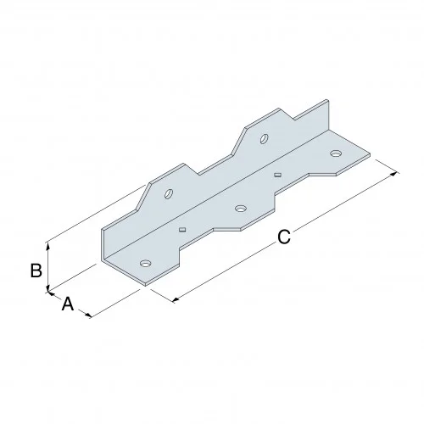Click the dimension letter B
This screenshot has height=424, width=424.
pos(36,271)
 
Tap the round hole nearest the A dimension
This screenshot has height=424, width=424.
pos(145,264)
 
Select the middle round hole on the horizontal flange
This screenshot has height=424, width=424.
pos(240,208)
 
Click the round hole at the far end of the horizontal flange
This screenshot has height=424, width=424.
pos(336,153)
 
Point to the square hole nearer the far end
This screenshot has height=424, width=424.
pos(278,173)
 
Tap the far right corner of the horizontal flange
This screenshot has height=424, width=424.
pos(371,154)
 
